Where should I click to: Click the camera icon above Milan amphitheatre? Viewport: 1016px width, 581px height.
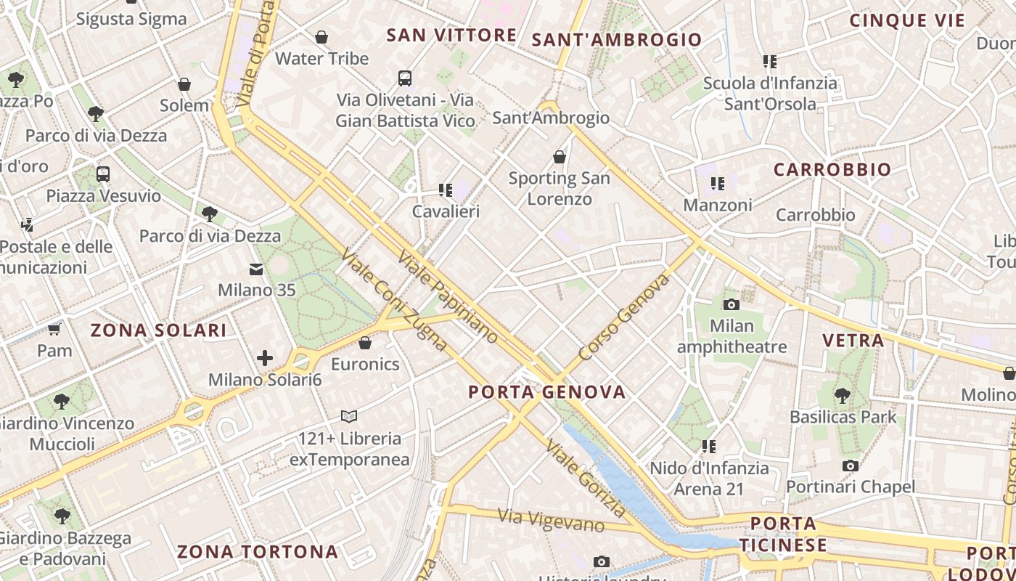point(732,304)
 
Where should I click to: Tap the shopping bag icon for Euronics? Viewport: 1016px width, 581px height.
point(365,343)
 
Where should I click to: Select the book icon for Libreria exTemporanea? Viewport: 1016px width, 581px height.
point(349,416)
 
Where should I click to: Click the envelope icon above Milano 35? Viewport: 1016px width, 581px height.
point(256,269)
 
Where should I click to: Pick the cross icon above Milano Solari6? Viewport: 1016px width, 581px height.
point(265,357)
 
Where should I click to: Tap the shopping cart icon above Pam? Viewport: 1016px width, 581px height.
point(54,330)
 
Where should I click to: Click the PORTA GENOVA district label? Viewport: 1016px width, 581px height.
point(546,392)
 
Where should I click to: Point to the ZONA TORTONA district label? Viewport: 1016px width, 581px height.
point(258,552)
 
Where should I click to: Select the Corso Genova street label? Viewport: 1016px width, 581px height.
point(624,317)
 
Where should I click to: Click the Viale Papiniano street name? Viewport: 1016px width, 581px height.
point(448,296)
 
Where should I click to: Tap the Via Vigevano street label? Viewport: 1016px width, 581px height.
point(551,519)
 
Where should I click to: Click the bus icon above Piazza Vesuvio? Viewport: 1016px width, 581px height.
point(103,174)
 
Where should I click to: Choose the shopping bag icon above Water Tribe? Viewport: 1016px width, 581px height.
point(321,37)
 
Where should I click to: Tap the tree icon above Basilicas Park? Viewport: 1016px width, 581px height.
point(843,396)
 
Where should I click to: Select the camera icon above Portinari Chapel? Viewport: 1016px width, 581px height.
point(851,466)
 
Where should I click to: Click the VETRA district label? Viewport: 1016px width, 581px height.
point(853,340)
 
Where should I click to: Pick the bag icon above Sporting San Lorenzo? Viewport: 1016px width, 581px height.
point(560,156)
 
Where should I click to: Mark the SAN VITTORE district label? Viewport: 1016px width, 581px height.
point(451,35)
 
